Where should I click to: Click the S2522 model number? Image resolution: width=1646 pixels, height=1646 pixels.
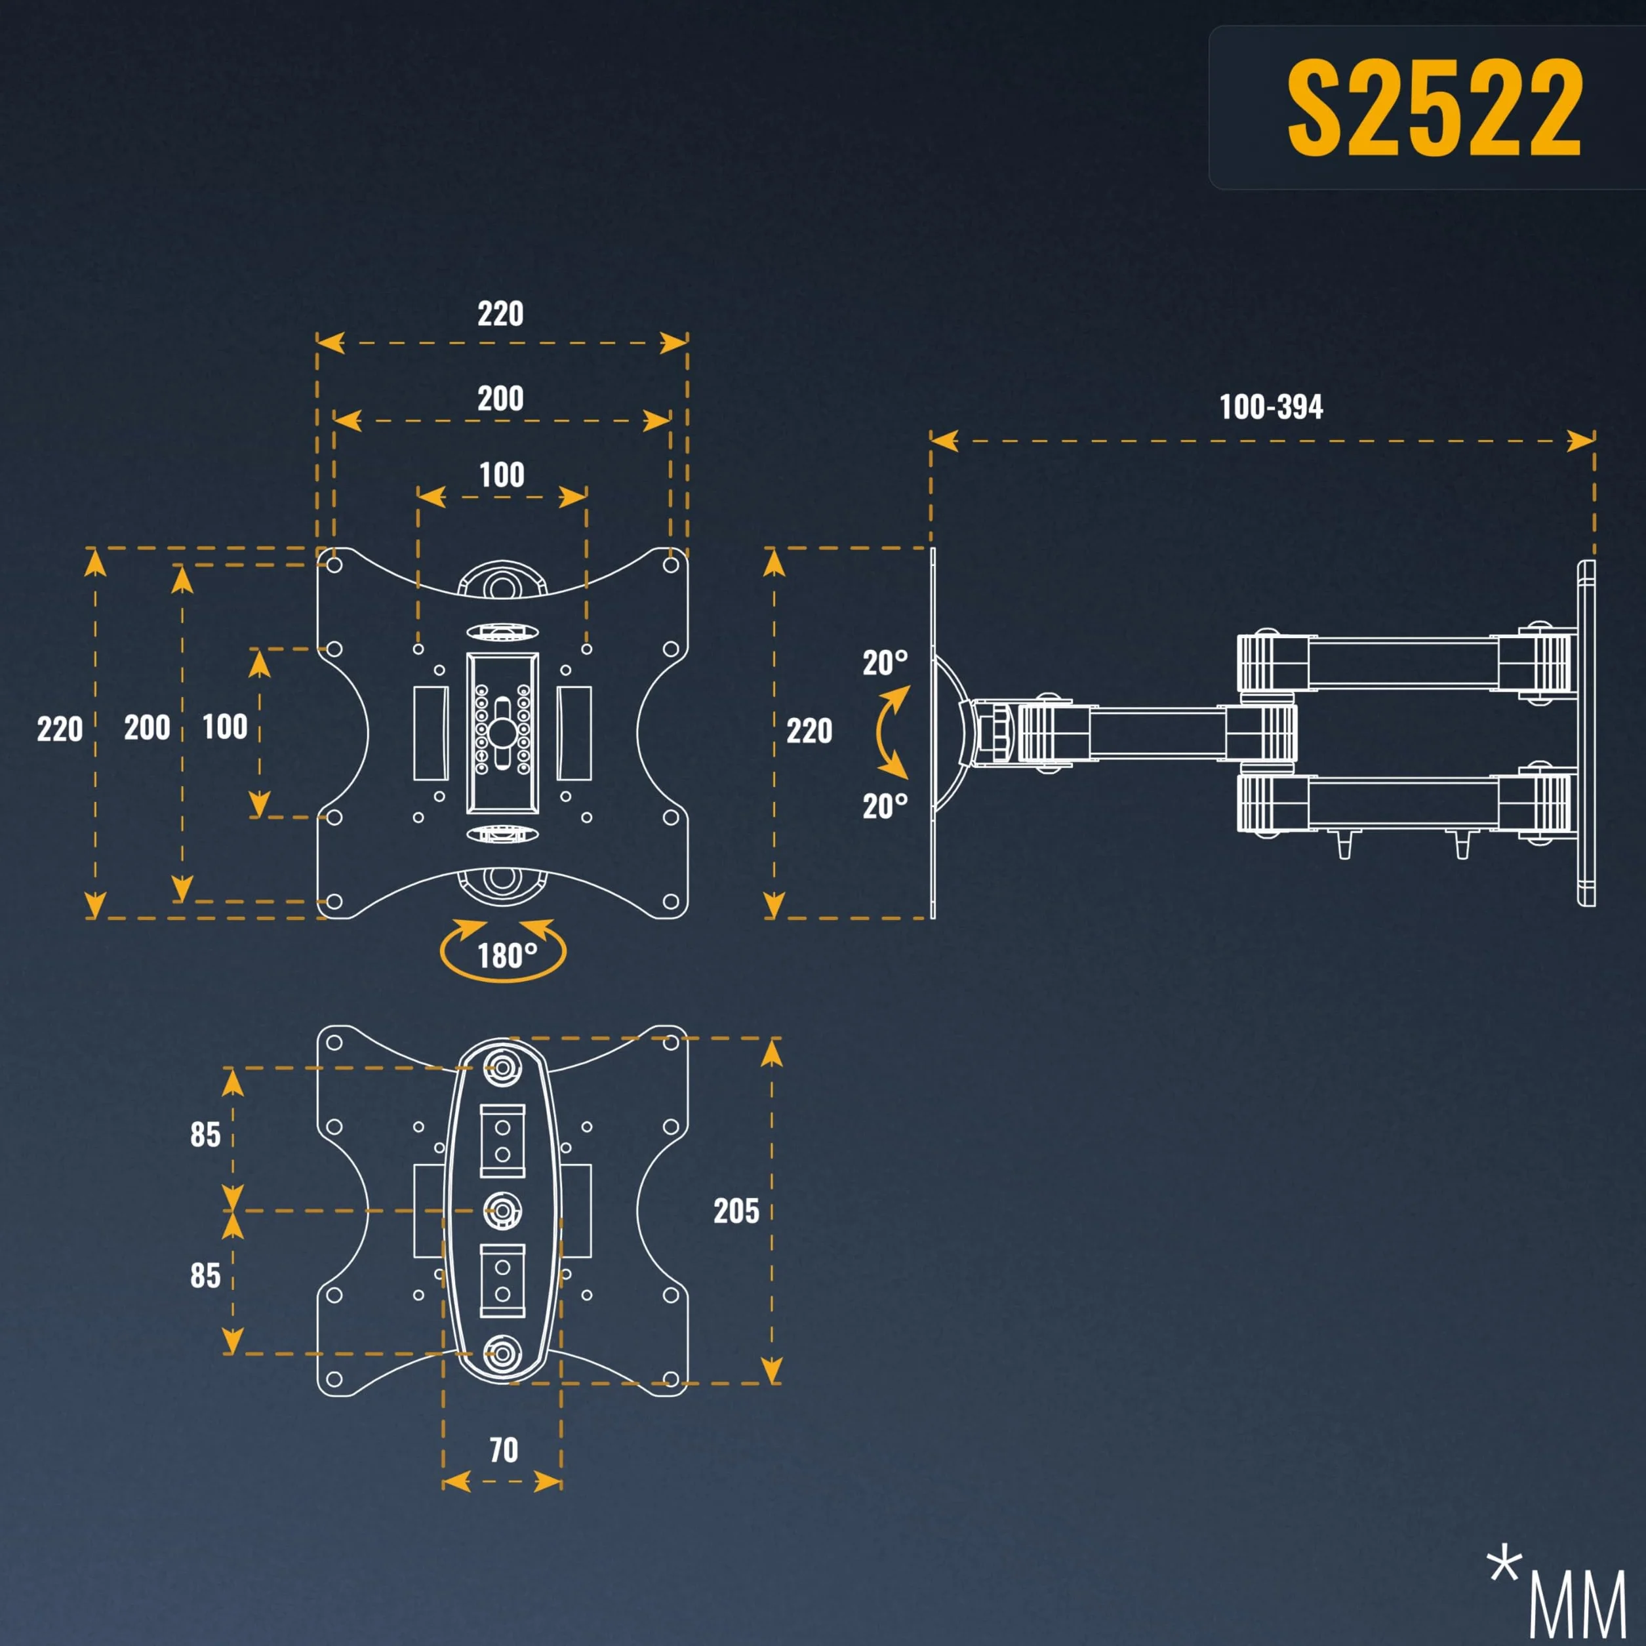click(1434, 108)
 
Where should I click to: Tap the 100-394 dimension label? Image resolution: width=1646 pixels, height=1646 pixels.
click(1271, 407)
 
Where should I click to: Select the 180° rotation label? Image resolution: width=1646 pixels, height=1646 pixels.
click(507, 956)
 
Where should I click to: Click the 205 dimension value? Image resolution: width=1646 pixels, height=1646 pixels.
click(736, 1211)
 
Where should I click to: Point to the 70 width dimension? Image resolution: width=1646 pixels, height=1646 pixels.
click(504, 1449)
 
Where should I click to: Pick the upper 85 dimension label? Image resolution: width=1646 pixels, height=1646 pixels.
click(205, 1134)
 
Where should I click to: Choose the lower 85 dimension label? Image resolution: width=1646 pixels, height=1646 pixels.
click(205, 1275)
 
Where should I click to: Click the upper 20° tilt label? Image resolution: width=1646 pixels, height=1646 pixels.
click(885, 663)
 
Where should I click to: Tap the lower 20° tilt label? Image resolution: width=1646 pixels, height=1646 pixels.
click(885, 806)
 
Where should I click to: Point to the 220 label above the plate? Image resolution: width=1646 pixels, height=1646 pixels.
click(500, 314)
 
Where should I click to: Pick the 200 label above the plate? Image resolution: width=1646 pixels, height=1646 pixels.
click(500, 399)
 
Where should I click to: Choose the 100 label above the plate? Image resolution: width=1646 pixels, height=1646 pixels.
click(502, 475)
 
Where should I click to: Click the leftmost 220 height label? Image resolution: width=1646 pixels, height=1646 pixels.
click(60, 729)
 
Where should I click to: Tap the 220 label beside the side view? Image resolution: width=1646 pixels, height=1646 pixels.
click(809, 731)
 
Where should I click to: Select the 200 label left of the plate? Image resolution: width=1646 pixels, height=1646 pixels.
click(148, 727)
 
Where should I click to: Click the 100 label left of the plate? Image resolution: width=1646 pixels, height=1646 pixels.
click(225, 727)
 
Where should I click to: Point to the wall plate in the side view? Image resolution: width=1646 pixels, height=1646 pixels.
click(1586, 733)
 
